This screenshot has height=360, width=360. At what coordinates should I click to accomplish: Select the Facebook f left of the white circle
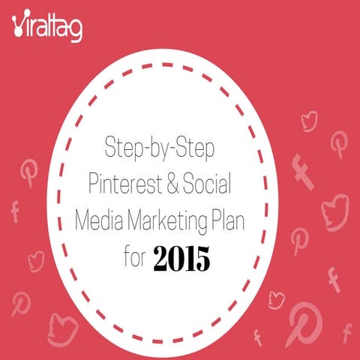[15, 211]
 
